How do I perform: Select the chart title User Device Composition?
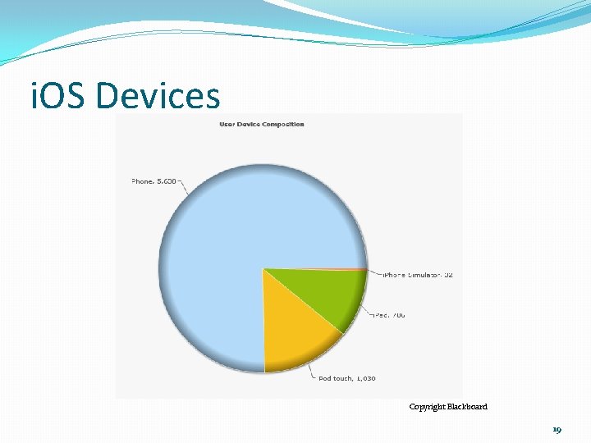[261, 125]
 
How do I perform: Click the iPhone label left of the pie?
[153, 180]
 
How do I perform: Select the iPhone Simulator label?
[418, 275]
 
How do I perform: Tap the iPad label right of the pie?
[389, 314]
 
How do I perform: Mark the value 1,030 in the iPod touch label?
[366, 378]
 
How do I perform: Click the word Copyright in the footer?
[427, 406]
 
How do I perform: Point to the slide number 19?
[557, 429]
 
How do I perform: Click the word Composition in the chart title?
[283, 125]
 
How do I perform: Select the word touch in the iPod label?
[342, 378]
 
